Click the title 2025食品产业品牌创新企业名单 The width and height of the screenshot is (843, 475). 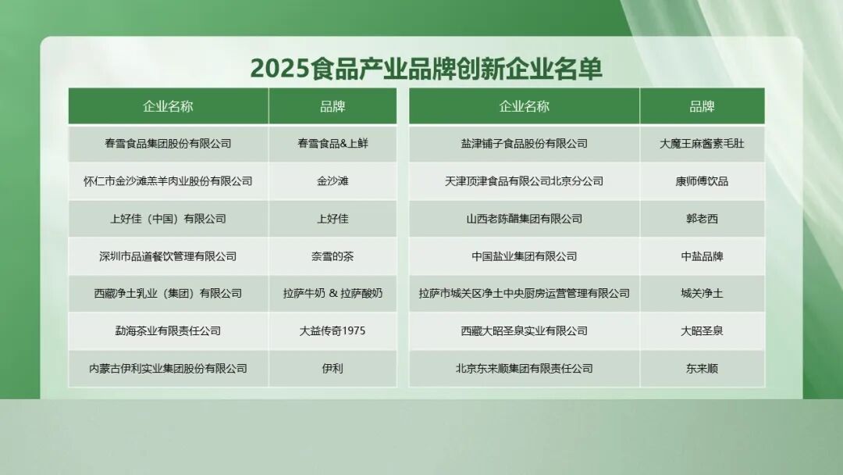pos(426,68)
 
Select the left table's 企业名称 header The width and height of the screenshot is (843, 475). pos(168,106)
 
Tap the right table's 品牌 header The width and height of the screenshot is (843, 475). pos(702,106)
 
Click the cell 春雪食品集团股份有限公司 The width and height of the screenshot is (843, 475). pos(168,144)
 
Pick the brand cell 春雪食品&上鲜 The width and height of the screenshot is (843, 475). pos(333,144)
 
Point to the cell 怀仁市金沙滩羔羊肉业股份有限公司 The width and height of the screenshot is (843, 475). pos(168,181)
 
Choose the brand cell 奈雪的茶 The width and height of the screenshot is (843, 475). pos(333,256)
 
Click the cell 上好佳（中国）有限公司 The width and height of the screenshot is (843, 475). pos(168,219)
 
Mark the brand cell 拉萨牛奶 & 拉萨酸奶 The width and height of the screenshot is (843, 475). pos(333,294)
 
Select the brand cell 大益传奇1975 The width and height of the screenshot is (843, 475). pos(333,330)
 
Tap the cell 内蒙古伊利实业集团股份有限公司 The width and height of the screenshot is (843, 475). pos(168,369)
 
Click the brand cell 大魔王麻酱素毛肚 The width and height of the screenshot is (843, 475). pos(702,144)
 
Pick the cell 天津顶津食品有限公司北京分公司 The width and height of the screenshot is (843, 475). pos(525,181)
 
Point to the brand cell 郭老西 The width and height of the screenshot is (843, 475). pos(702,219)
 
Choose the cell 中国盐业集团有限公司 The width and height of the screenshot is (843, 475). pos(525,256)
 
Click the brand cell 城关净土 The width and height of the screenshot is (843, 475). pos(702,294)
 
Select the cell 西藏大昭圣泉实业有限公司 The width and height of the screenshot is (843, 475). pos(525,330)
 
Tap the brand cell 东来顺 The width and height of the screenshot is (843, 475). pos(702,369)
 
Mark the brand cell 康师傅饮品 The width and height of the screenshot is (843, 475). pos(702,181)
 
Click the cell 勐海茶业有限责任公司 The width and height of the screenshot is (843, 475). pos(168,330)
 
